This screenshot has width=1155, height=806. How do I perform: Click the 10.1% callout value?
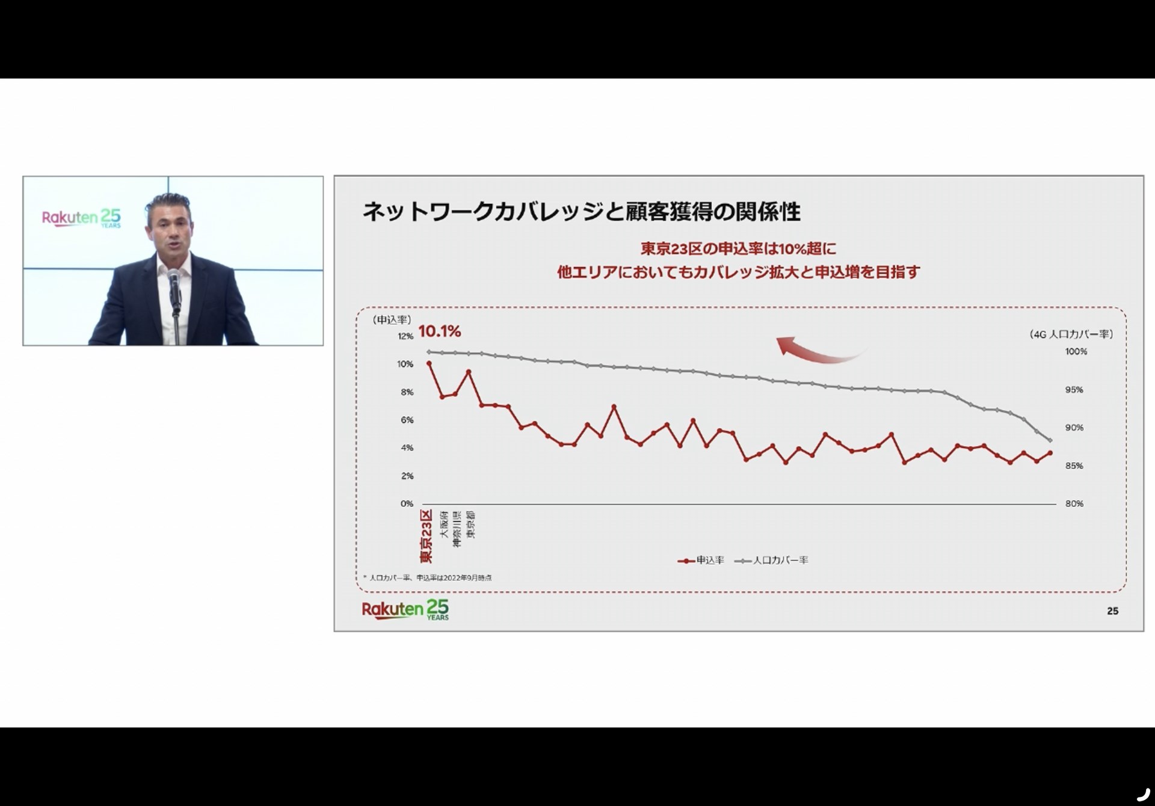click(439, 331)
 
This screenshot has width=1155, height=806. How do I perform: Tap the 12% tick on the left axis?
click(405, 337)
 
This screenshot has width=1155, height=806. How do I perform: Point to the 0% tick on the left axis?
click(407, 504)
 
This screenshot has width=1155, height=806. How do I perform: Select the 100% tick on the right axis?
click(1076, 352)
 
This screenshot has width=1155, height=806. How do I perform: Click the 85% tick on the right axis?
click(1074, 466)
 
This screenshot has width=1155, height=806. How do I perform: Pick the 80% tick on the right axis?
click(1074, 504)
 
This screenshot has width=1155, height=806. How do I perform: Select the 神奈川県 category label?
click(457, 529)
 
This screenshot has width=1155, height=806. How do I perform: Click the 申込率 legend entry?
click(701, 561)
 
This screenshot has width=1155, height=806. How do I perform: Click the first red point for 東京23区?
click(429, 363)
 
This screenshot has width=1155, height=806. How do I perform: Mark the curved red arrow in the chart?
click(818, 351)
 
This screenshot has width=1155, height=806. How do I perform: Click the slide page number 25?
click(1112, 611)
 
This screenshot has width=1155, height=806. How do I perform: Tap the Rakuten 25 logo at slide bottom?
click(405, 609)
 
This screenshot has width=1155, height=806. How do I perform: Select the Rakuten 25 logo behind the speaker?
click(81, 218)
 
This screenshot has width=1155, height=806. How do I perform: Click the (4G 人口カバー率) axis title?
click(1071, 334)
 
